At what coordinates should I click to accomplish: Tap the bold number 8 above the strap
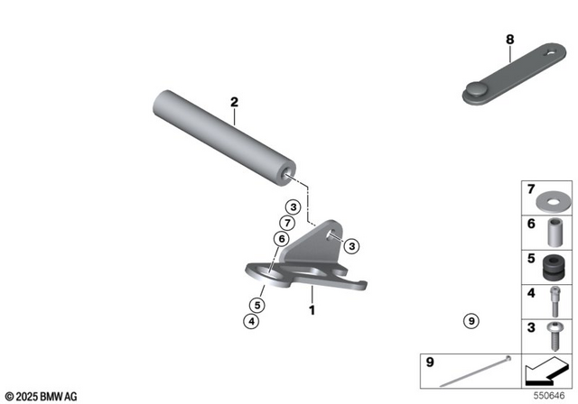[509, 40]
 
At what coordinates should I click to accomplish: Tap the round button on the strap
[476, 90]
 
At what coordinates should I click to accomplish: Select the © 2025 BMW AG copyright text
[41, 396]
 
